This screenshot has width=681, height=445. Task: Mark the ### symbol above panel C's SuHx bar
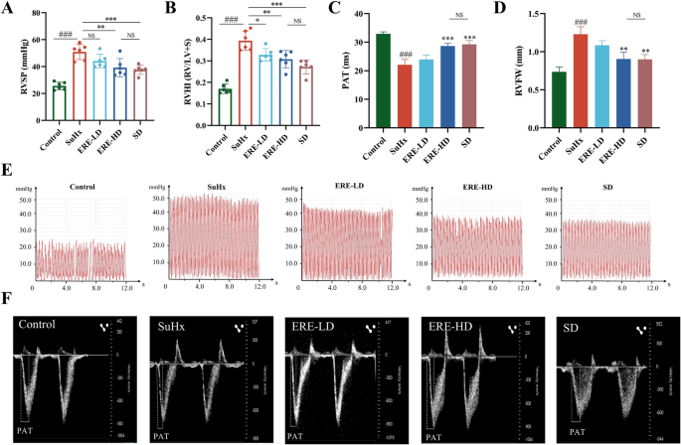(405, 56)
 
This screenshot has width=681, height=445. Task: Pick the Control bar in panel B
(224, 105)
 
